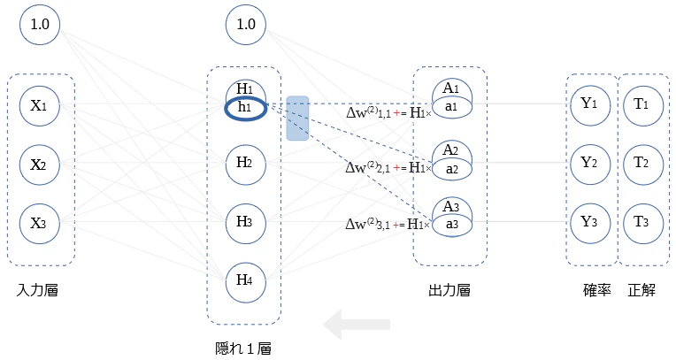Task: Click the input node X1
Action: [40, 105]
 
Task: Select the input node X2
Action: [40, 165]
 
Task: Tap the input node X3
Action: [40, 223]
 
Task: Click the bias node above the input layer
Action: [40, 25]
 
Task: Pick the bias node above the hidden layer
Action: [246, 25]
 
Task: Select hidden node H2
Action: [246, 165]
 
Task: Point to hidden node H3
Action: [246, 223]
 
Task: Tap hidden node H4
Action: [246, 282]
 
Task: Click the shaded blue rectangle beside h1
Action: [297, 119]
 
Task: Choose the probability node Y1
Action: [590, 104]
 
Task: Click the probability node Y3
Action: [590, 223]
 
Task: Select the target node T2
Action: [643, 165]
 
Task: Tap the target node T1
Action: [643, 105]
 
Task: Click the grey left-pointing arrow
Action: [357, 325]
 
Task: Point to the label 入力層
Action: [37, 291]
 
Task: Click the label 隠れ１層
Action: [243, 349]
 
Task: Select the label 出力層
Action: [449, 291]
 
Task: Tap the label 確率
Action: [596, 291]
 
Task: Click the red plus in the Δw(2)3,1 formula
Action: [397, 225]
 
